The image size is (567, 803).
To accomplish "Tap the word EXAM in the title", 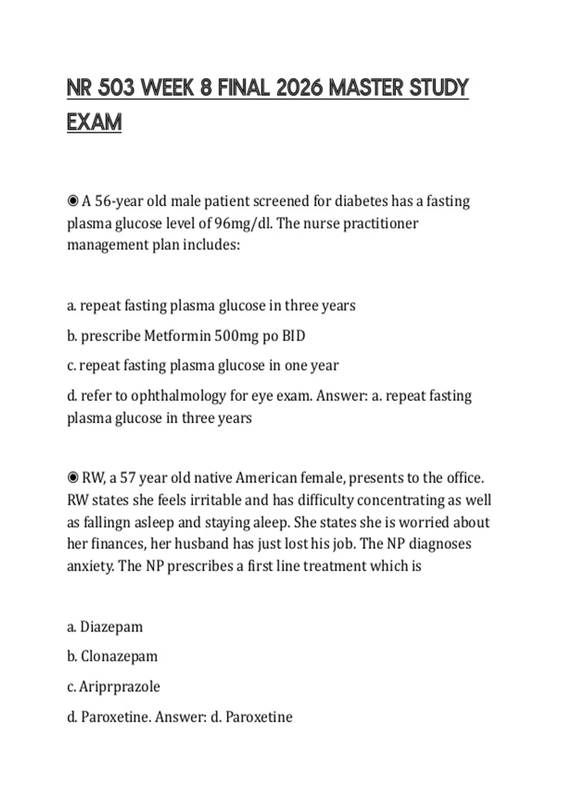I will [x=94, y=122].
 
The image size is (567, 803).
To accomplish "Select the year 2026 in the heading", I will [x=299, y=88].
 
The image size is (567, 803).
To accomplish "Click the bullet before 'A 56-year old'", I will [x=73, y=201].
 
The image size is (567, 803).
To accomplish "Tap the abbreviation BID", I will [x=293, y=336].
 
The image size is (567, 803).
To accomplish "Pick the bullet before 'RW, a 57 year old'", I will [x=73, y=478].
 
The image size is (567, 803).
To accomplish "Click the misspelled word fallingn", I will [x=107, y=522].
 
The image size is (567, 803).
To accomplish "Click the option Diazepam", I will [x=112, y=627].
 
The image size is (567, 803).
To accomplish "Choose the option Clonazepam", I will [x=119, y=657].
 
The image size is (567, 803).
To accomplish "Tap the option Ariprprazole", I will [x=120, y=686].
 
